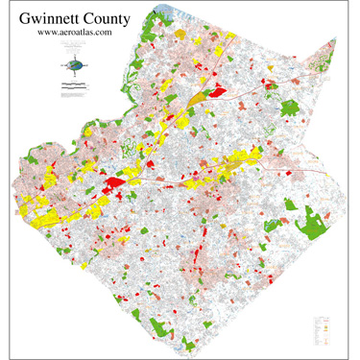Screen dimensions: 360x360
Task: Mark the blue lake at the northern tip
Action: pyautogui.click(x=179, y=11)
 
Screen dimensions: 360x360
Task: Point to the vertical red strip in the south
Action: pyautogui.click(x=194, y=257)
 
